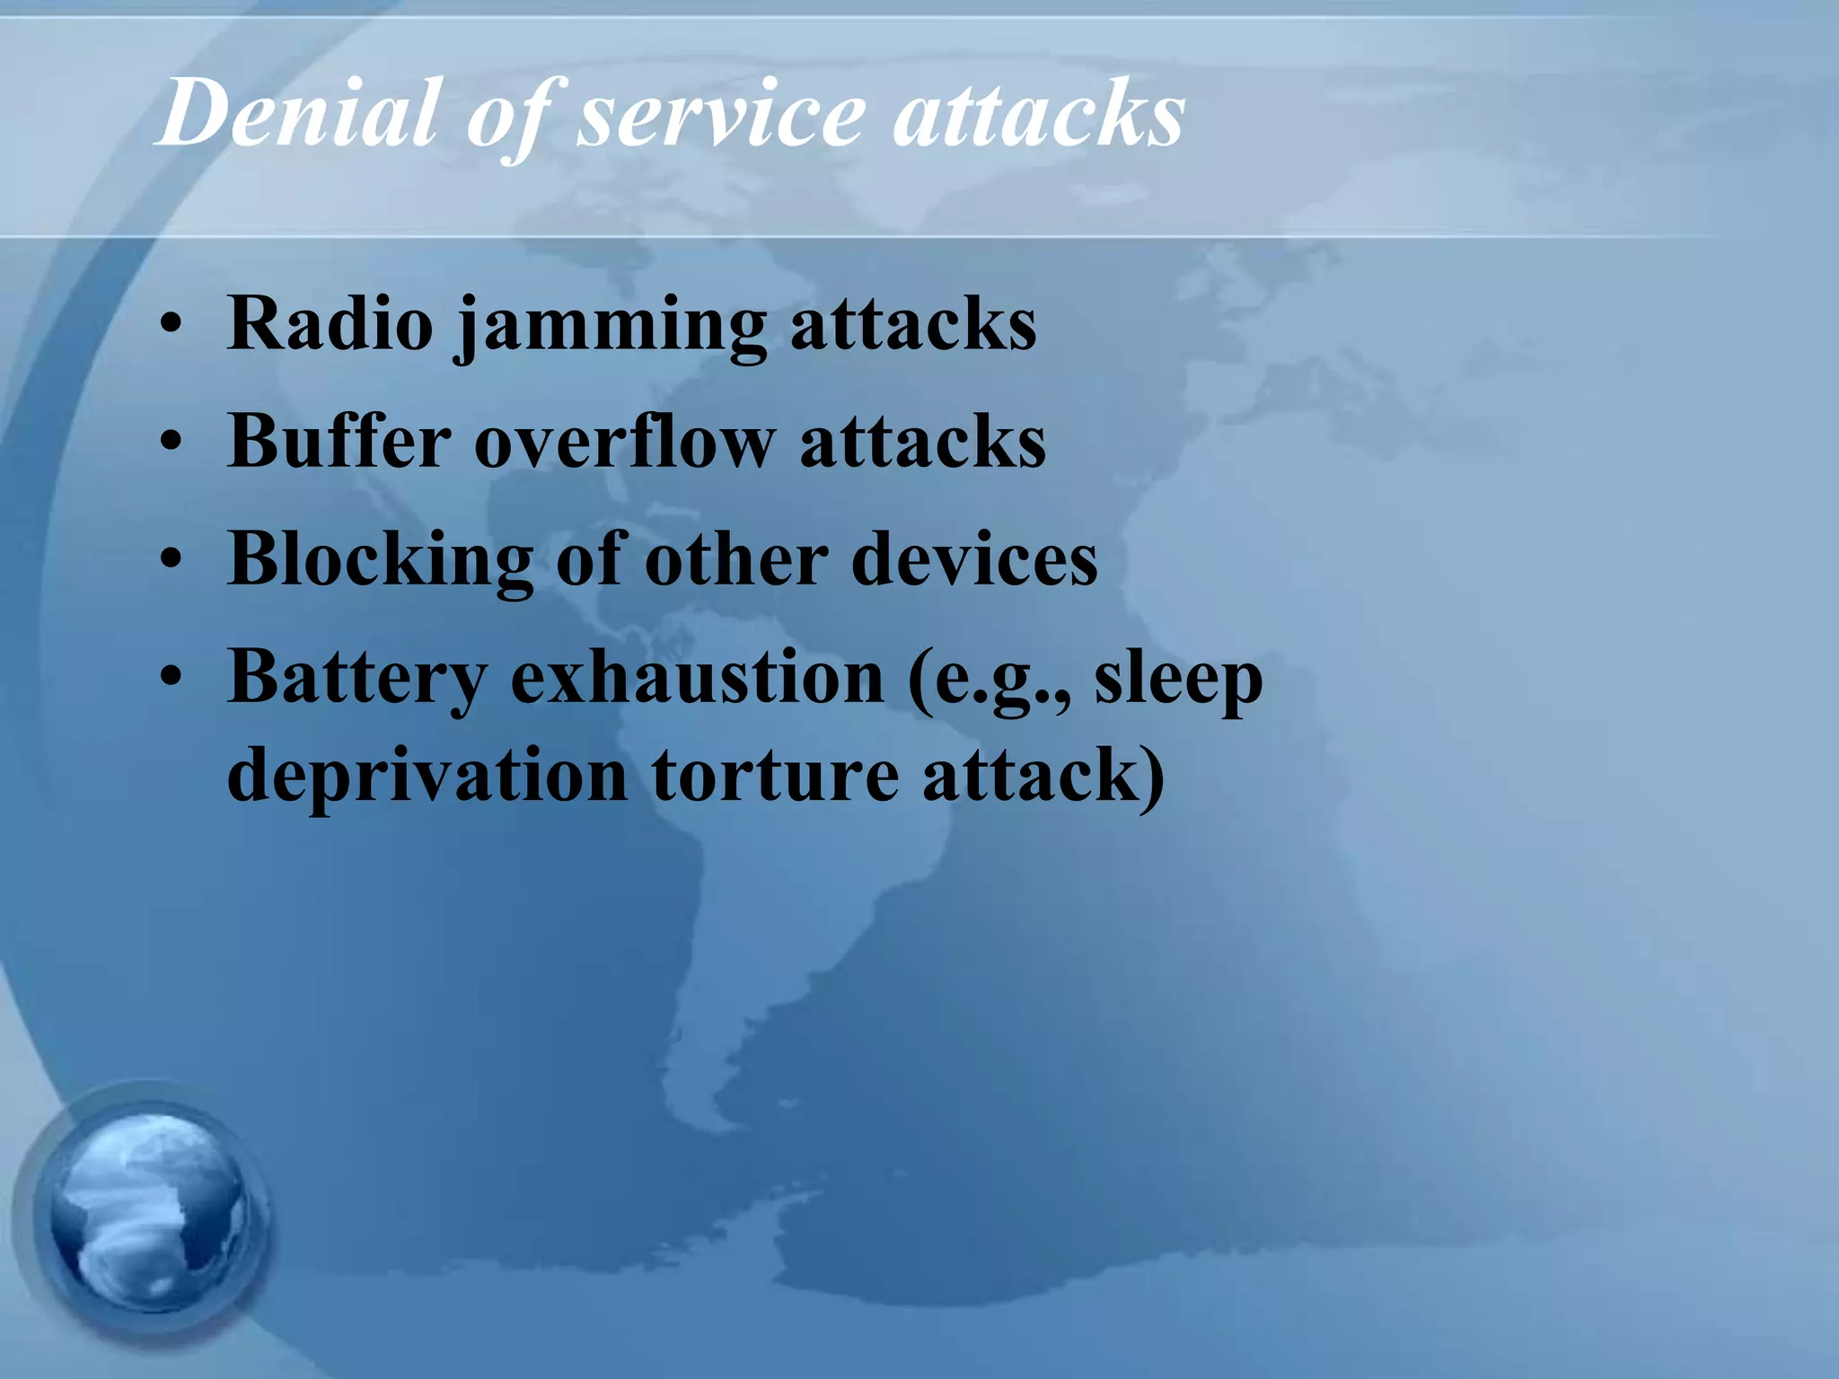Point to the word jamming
coord(612,328)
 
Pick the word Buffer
coord(339,441)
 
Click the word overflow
coord(623,441)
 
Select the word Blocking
coord(381,559)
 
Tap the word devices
coord(973,559)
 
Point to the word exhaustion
coord(697,678)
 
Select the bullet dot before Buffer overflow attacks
coord(172,444)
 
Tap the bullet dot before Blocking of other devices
coord(172,561)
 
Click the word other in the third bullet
coord(736,559)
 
